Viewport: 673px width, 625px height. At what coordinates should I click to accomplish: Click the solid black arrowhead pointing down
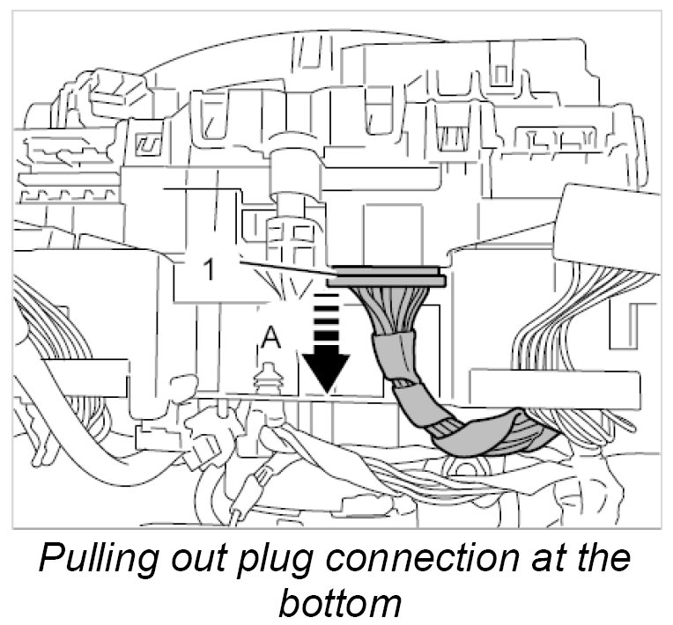325,370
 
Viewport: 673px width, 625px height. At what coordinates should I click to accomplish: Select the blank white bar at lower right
555,387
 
